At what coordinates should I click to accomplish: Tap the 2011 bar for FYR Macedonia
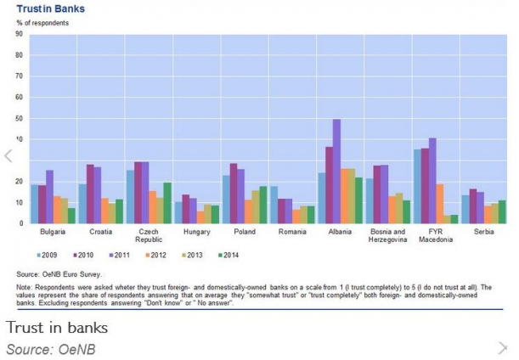click(432, 181)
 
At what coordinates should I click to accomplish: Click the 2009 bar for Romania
click(274, 205)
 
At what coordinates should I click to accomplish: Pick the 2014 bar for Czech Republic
click(167, 203)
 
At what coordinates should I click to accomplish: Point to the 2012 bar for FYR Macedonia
click(440, 204)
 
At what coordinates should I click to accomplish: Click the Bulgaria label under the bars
click(53, 231)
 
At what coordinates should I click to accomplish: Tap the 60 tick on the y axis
click(20, 97)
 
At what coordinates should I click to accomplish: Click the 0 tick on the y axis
click(21, 223)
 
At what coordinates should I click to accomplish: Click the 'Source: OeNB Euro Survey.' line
click(63, 273)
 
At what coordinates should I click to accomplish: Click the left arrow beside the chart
click(8, 156)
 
